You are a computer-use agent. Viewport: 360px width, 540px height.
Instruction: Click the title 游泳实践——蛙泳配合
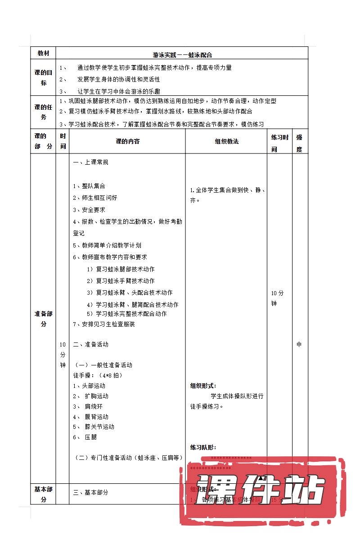tap(182, 55)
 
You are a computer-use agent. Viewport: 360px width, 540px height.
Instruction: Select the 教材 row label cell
tap(43, 53)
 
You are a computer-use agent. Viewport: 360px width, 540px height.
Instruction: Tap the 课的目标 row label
tap(43, 77)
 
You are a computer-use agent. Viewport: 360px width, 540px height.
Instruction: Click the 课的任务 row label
tap(43, 112)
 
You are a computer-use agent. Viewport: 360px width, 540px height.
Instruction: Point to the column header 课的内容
tap(127, 141)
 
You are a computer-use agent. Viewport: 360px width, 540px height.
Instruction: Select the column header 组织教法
tap(226, 141)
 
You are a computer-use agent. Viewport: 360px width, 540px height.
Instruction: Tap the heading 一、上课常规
tap(90, 162)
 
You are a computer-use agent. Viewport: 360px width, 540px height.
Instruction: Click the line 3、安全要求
tap(89, 210)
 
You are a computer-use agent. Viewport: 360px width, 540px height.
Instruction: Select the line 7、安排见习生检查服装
tap(103, 324)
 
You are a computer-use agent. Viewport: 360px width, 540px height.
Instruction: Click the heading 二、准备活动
tap(90, 344)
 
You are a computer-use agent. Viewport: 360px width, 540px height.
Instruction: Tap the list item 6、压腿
tap(85, 437)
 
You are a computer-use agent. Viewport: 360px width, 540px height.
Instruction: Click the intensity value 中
tap(299, 345)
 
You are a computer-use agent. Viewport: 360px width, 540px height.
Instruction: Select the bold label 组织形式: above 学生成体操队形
tap(203, 386)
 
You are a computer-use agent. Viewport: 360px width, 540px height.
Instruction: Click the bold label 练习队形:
tap(203, 447)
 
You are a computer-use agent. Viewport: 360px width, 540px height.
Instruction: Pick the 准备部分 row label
tap(43, 319)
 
